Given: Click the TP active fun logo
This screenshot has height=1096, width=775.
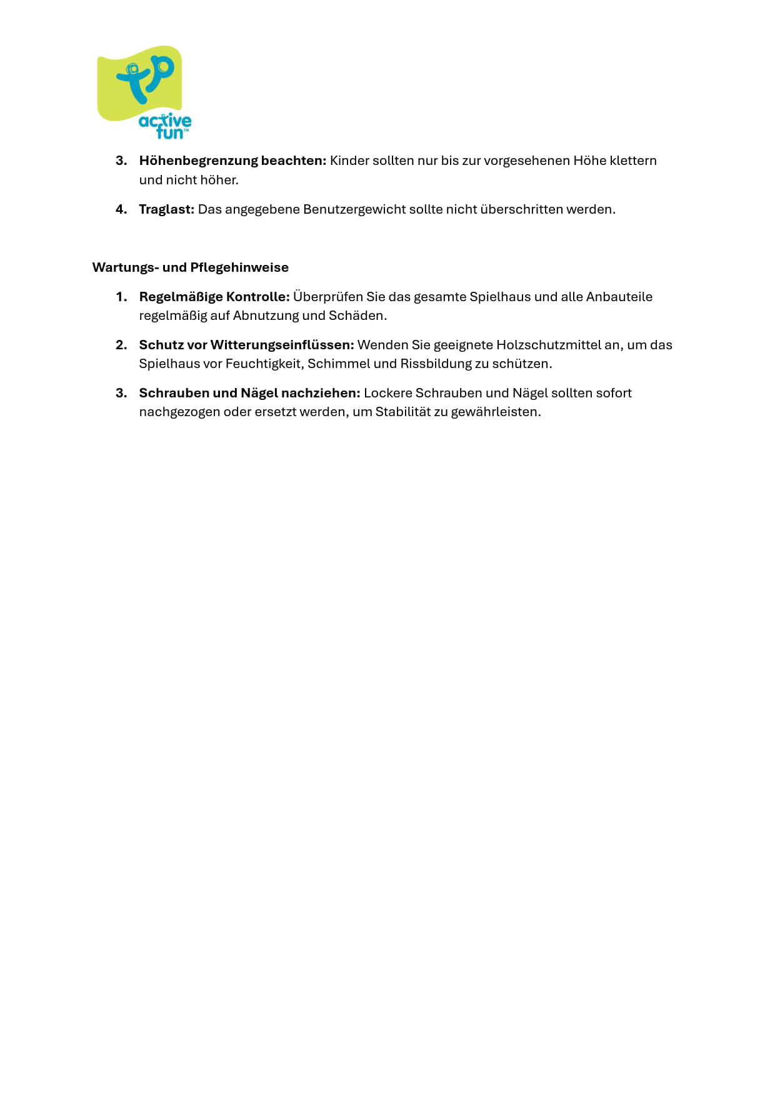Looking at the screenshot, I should pyautogui.click(x=144, y=92).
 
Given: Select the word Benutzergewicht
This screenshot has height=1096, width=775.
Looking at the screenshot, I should pyautogui.click(x=354, y=209).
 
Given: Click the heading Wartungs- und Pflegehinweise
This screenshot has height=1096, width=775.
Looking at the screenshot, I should pyautogui.click(x=191, y=267).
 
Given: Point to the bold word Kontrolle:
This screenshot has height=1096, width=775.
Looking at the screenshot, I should pyautogui.click(x=258, y=297).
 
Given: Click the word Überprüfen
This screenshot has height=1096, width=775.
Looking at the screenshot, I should pyautogui.click(x=327, y=297).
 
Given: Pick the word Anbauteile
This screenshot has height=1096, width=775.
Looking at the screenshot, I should pyautogui.click(x=619, y=297).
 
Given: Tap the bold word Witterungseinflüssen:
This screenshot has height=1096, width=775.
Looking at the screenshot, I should pyautogui.click(x=282, y=345).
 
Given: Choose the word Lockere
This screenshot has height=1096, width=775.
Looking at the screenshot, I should pyautogui.click(x=388, y=393).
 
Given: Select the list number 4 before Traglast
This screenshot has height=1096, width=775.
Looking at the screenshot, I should pyautogui.click(x=121, y=209).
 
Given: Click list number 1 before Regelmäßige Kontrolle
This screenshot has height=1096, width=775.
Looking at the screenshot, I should pyautogui.click(x=121, y=297).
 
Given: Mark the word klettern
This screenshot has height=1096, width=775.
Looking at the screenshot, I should pyautogui.click(x=632, y=161).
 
